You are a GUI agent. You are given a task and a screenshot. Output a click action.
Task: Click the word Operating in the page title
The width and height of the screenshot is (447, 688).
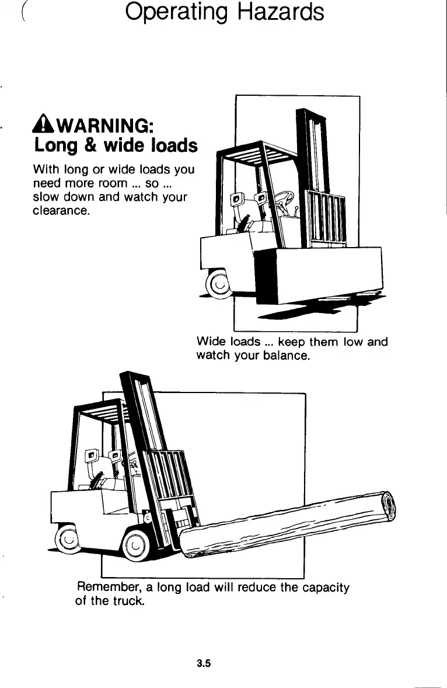click(x=175, y=13)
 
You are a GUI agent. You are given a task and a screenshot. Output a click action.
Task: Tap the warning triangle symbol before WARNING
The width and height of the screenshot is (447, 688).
click(x=42, y=126)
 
